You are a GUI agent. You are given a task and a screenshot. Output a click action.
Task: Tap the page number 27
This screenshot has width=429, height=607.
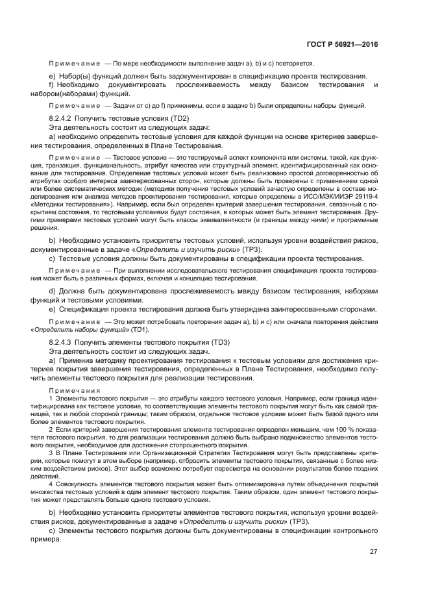click(x=373, y=552)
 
